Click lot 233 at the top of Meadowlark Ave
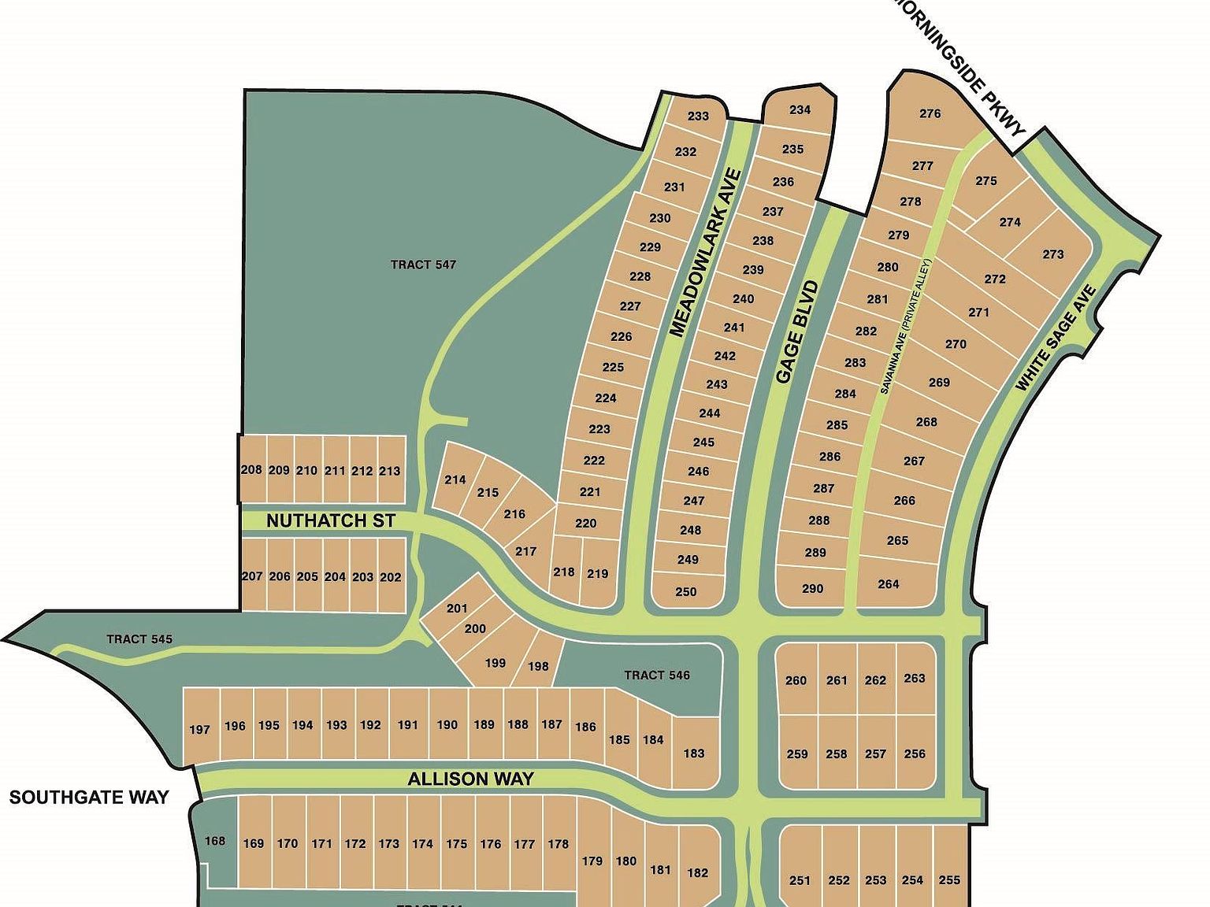pos(698,116)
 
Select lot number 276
pos(930,113)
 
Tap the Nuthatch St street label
pos(330,520)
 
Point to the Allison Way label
pos(470,779)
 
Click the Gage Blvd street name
pos(796,332)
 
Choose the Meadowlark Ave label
pos(705,252)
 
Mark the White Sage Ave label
pos(1056,339)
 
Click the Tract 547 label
pos(423,265)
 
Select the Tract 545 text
pos(139,639)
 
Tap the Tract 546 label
pos(656,675)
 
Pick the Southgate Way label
pos(89,798)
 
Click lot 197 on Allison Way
pos(200,730)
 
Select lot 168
pos(215,841)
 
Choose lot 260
pos(796,680)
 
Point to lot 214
pos(455,479)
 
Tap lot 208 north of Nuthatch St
pos(251,470)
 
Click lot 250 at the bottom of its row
pos(685,591)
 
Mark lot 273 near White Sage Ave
pos(1052,254)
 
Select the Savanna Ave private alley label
pos(907,327)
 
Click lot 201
pos(457,608)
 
